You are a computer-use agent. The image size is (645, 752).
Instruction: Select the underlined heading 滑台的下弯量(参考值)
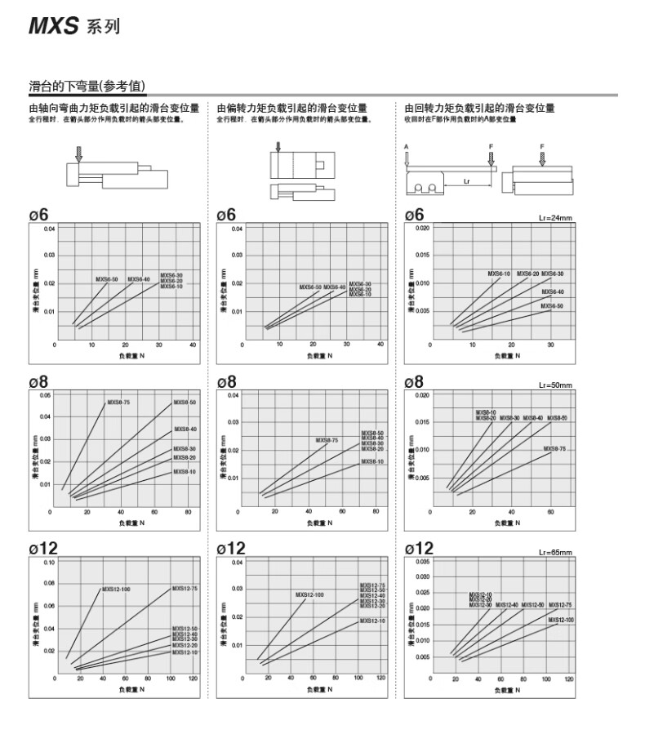[87, 86]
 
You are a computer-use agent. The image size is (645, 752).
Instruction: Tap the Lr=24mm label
[557, 218]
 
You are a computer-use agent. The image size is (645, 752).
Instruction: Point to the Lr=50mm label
[557, 385]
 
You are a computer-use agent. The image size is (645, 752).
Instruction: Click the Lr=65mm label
[557, 551]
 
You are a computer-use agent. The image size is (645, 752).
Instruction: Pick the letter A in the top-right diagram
[406, 145]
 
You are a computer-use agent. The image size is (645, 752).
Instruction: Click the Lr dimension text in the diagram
[466, 181]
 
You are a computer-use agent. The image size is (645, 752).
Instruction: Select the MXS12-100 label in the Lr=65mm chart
[561, 620]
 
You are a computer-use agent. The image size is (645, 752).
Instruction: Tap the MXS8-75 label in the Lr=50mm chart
[554, 448]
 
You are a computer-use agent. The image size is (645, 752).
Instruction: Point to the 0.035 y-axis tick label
[422, 563]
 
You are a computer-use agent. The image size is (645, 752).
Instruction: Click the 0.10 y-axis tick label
[48, 563]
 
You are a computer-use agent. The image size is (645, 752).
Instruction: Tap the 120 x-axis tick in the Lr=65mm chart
[568, 679]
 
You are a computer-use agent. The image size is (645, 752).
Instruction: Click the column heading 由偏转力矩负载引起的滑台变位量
[291, 108]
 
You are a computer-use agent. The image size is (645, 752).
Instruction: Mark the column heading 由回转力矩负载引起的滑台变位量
[479, 108]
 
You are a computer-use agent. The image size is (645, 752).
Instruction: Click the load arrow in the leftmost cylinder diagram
[78, 153]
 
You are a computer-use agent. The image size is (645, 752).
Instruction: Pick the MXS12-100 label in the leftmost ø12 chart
[115, 589]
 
